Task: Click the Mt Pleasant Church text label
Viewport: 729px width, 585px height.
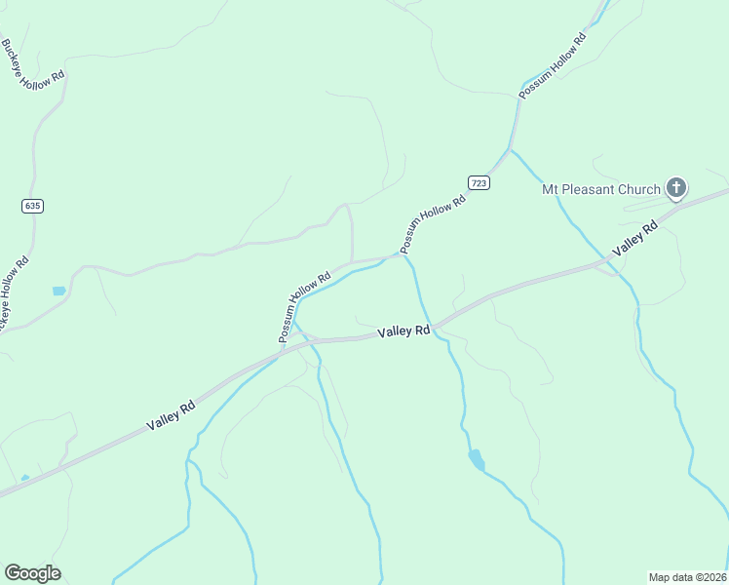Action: point(601,189)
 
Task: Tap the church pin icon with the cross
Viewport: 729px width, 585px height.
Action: point(675,188)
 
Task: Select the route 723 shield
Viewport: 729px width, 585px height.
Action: point(479,183)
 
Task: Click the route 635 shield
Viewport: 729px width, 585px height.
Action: point(33,206)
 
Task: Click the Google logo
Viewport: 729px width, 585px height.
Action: point(32,572)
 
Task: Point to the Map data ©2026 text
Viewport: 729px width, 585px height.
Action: point(687,576)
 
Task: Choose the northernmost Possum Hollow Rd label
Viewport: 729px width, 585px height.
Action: point(553,66)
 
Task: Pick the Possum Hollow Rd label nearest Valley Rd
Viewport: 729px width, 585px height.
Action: point(305,306)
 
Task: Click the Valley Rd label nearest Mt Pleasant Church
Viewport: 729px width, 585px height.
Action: point(635,240)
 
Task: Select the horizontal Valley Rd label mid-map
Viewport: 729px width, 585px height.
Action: point(403,331)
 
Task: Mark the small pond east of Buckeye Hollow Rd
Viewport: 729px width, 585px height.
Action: point(58,291)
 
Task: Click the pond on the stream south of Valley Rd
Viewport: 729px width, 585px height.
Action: point(475,457)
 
